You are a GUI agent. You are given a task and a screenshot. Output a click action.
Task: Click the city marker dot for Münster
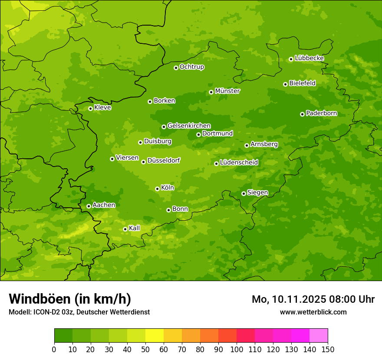(211, 92)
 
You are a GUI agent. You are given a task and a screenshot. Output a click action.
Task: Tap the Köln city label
(168, 188)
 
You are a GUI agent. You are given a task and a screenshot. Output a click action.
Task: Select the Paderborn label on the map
(322, 113)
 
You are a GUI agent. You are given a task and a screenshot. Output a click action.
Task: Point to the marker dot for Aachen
(89, 206)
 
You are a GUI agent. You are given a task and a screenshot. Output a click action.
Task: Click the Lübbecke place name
(310, 58)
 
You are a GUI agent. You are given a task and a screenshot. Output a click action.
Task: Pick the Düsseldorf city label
(164, 160)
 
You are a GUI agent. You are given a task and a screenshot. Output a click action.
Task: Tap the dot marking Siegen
(244, 193)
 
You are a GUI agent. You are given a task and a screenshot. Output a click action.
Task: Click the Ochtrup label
(192, 67)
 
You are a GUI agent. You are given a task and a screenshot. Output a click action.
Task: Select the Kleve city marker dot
(90, 108)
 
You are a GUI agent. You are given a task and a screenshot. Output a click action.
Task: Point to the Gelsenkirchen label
(189, 126)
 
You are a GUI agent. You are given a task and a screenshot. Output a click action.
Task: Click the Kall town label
(135, 228)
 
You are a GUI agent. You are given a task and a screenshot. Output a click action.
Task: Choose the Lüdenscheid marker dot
(216, 164)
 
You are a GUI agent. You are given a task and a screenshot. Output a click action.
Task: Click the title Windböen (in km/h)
(70, 299)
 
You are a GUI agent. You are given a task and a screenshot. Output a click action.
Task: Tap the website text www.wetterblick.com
(313, 312)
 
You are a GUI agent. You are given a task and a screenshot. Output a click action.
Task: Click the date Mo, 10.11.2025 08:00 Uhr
(313, 299)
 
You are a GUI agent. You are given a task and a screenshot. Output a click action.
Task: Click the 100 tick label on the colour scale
(237, 350)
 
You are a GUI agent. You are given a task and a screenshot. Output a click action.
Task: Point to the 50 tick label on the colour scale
(145, 350)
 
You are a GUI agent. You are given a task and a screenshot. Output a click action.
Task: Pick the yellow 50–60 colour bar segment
(155, 336)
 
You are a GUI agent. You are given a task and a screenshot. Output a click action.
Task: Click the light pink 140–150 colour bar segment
(319, 336)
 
